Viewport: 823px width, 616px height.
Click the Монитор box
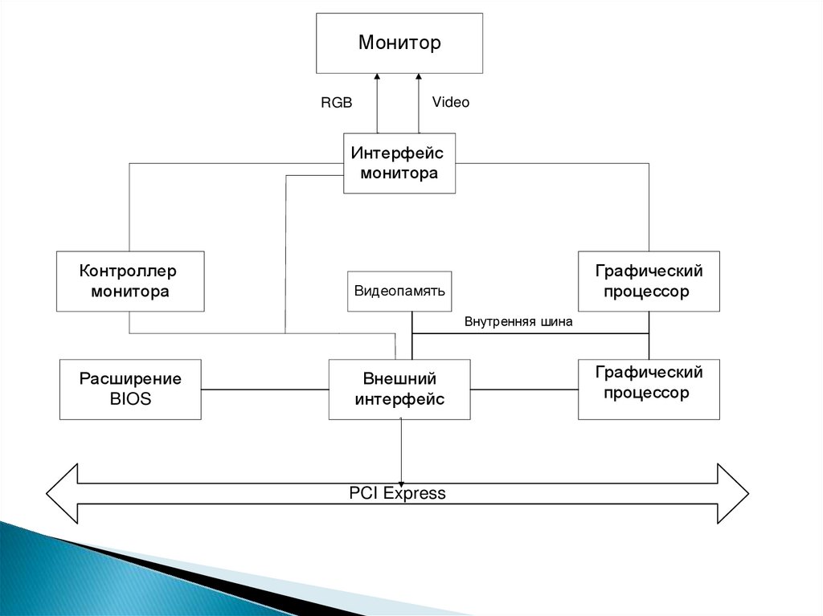[399, 43]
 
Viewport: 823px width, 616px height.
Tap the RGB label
[337, 103]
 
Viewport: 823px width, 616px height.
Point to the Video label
[450, 102]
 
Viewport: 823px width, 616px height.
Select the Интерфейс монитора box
[399, 163]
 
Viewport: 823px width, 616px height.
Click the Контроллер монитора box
[129, 281]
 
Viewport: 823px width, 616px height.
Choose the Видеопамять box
[399, 292]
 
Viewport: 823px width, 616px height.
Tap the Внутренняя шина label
[518, 323]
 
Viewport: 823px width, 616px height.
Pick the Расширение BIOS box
[130, 389]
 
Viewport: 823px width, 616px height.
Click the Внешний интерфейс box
[399, 389]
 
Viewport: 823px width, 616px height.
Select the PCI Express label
[397, 493]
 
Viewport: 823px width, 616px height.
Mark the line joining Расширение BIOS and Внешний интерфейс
[265, 390]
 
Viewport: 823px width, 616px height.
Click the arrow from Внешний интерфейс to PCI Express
[402, 450]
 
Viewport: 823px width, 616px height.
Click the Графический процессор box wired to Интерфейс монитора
[649, 281]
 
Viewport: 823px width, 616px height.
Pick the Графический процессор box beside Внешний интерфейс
[649, 389]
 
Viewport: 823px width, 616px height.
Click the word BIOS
[130, 399]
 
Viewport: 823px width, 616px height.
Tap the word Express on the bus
[414, 493]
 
